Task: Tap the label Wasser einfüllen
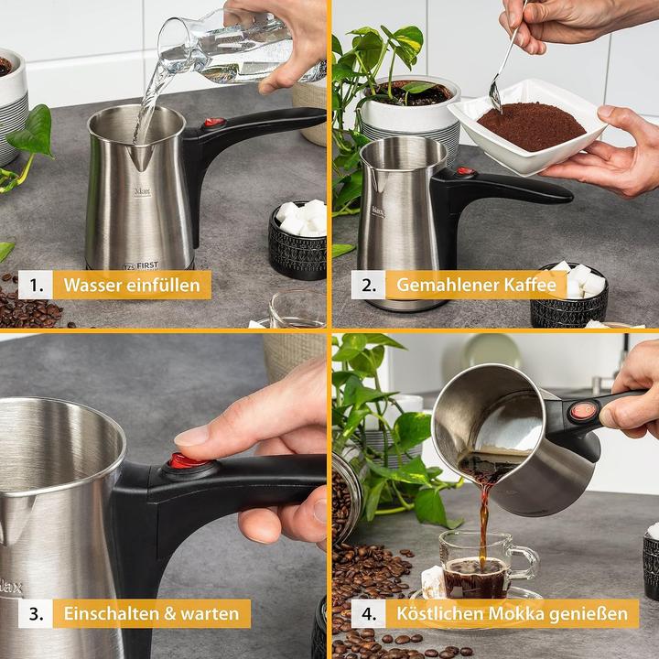tap(132, 285)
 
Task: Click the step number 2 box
tap(368, 285)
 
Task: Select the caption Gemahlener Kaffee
tap(476, 285)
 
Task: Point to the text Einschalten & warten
tap(152, 612)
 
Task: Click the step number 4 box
tap(368, 612)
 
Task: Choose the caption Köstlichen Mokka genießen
tap(512, 612)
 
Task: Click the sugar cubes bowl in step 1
tap(297, 237)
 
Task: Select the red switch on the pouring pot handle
tap(582, 411)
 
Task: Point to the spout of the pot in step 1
tap(139, 157)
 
